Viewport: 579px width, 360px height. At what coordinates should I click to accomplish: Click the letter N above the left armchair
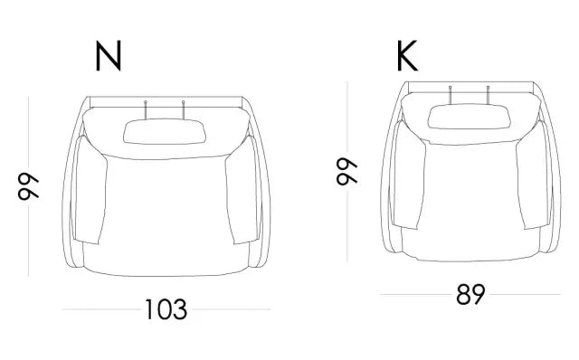pos(109,56)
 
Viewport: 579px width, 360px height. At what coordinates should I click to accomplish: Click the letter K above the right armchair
pos(407,56)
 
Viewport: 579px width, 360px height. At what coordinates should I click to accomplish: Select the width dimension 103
pos(166,309)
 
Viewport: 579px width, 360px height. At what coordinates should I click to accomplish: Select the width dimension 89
pos(470,294)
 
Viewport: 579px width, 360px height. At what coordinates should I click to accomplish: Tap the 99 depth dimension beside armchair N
pos(28,186)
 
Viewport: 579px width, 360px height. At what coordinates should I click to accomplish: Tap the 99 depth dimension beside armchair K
pos(347,171)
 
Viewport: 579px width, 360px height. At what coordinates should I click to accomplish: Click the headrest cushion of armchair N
pos(165,131)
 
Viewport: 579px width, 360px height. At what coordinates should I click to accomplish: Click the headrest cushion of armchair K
pos(470,117)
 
